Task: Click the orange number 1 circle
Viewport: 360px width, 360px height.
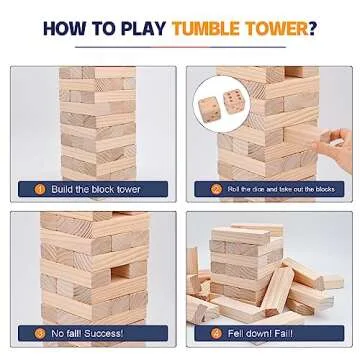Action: click(x=39, y=189)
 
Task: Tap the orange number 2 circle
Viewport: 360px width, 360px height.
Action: click(x=216, y=189)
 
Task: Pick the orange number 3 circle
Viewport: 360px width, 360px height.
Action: click(x=39, y=334)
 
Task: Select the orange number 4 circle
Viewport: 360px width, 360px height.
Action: click(x=216, y=334)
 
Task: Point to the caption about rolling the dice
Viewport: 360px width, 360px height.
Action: click(x=280, y=189)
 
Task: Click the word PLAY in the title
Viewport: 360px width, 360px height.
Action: click(x=142, y=27)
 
